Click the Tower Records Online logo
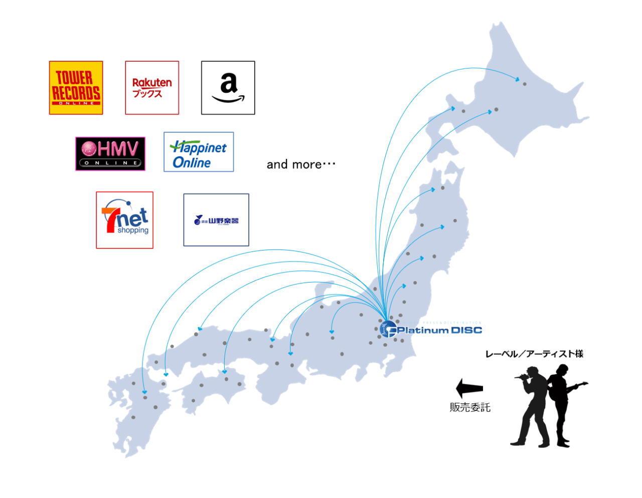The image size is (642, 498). coord(76,88)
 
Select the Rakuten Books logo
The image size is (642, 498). coord(152,88)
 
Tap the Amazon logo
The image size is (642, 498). coord(228,88)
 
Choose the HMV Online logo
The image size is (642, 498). coord(110,154)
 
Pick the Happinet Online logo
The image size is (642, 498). coord(199,152)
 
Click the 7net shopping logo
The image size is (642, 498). coord(124,220)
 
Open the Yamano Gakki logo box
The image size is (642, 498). coord(216,220)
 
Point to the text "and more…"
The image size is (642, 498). coord(300,164)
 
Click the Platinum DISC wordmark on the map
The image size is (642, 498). coord(439,330)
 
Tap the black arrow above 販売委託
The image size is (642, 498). coord(469,388)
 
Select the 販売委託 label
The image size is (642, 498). coord(470,407)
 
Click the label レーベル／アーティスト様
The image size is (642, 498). coord(534,354)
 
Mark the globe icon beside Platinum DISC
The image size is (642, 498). coord(388,329)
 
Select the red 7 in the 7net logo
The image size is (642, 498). coord(110,218)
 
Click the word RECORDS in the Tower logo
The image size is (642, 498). coord(76,93)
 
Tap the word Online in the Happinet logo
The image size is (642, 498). coord(192,162)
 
